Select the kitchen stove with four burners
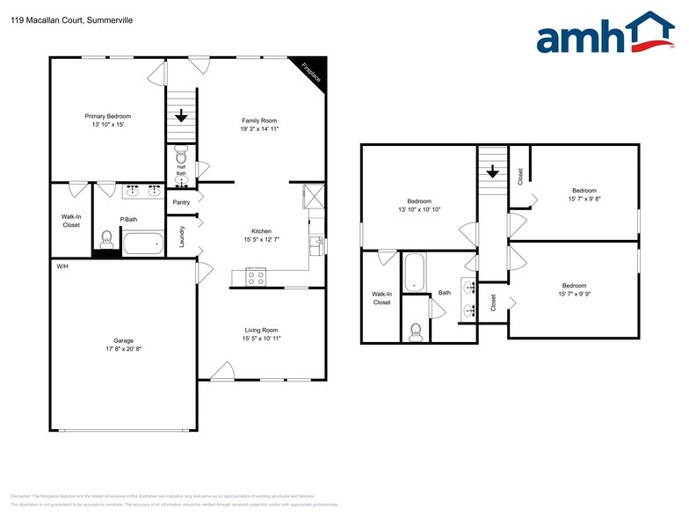(x=256, y=277)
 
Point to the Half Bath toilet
(x=181, y=152)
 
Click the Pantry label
(x=181, y=202)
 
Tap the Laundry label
(x=182, y=237)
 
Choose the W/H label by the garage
(x=62, y=266)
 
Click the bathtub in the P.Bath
(x=142, y=244)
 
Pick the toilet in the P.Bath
(x=106, y=237)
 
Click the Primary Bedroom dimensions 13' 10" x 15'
(x=107, y=126)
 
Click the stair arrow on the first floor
(x=181, y=115)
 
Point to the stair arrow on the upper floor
(x=493, y=171)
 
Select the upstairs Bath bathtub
(x=414, y=273)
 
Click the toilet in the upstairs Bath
(x=416, y=331)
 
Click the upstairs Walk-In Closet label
(x=381, y=298)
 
